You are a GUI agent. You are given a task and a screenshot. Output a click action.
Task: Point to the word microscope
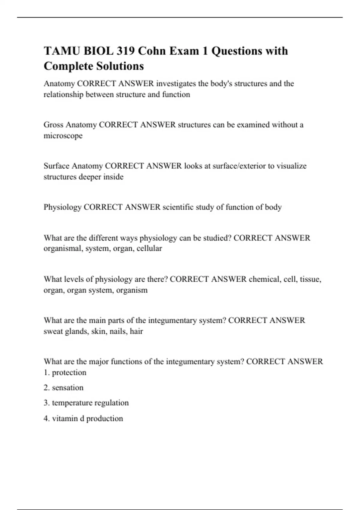[x=63, y=136]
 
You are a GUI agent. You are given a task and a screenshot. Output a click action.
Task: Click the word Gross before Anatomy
[x=53, y=124]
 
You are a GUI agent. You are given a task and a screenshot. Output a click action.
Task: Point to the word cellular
[x=149, y=249]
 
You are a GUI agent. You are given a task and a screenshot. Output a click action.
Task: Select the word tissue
[x=310, y=279]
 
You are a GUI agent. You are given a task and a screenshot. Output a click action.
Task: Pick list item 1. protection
[x=65, y=373]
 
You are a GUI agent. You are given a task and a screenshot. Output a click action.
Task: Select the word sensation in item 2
[x=68, y=388]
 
